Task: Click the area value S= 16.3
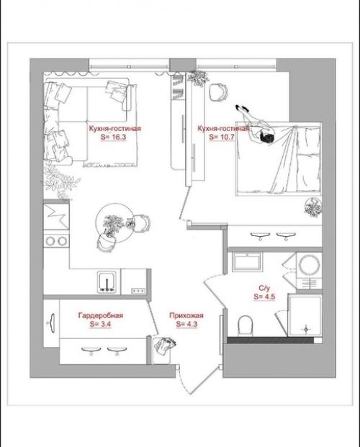pyautogui.click(x=113, y=137)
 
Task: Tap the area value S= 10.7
pyautogui.click(x=222, y=137)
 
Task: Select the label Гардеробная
pyautogui.click(x=101, y=315)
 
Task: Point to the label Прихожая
pyautogui.click(x=186, y=315)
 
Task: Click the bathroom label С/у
pyautogui.click(x=264, y=288)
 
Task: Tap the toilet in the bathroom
pyautogui.click(x=246, y=325)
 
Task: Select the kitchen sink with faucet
pyautogui.click(x=107, y=282)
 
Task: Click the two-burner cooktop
pyautogui.click(x=56, y=241)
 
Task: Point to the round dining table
pyautogui.click(x=114, y=222)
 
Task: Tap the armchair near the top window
pyautogui.click(x=219, y=91)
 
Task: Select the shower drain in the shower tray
pyautogui.click(x=307, y=329)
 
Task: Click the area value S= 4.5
pyautogui.click(x=264, y=297)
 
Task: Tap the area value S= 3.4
pyautogui.click(x=100, y=324)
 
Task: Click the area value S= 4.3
pyautogui.click(x=186, y=324)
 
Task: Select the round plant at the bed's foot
pyautogui.click(x=313, y=207)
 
